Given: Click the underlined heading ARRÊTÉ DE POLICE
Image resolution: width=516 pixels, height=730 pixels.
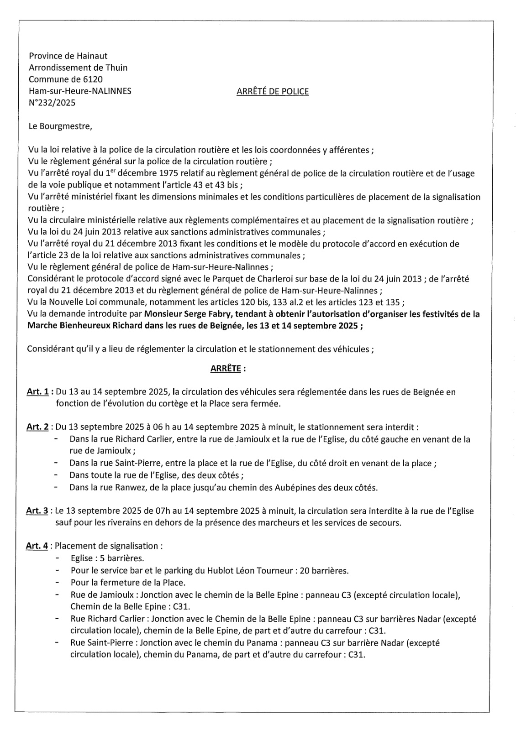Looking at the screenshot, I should (x=272, y=91).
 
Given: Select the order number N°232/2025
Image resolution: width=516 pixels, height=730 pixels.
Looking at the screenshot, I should (x=52, y=103).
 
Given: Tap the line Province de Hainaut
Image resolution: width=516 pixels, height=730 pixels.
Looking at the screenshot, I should (x=68, y=56).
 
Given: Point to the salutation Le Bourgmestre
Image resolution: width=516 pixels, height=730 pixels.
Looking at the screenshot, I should (x=60, y=126).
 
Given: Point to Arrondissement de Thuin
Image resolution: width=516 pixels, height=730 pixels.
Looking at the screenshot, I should (x=78, y=68).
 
